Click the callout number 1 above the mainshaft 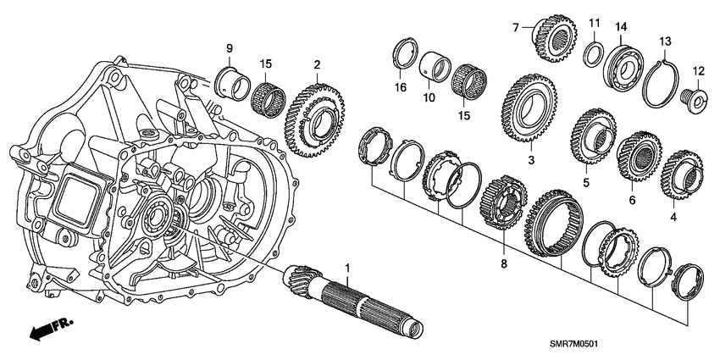[x=346, y=269]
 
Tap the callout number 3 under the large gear [x=531, y=158]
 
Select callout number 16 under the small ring [x=401, y=87]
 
